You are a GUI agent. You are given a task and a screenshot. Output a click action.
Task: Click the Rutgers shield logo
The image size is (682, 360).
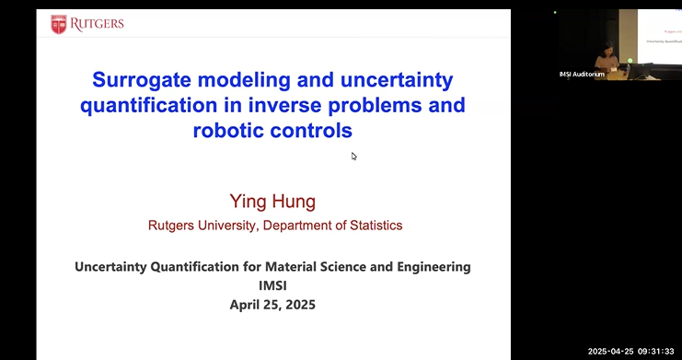(58, 24)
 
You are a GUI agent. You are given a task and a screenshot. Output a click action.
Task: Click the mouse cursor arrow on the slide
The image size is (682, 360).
(354, 156)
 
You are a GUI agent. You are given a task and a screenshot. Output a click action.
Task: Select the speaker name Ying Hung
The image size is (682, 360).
(272, 201)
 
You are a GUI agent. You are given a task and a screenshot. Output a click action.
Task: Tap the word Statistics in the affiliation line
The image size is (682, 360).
(371, 225)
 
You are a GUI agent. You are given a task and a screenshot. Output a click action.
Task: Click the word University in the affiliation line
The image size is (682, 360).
(236, 225)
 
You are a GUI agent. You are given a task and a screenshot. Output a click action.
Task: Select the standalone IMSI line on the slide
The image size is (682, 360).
(272, 285)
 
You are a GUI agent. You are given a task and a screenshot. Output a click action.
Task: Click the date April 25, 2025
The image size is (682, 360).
(272, 304)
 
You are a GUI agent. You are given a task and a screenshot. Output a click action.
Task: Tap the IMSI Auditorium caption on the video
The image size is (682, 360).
(582, 74)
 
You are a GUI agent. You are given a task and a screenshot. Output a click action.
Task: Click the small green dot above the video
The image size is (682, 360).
(555, 12)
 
